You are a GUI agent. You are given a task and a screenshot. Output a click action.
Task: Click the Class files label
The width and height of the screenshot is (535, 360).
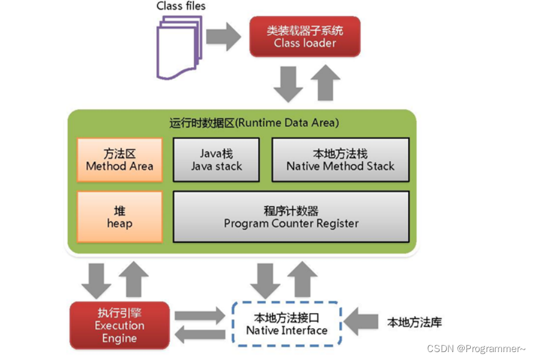181,6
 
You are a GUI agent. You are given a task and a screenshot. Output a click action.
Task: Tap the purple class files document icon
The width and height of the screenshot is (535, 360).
179,47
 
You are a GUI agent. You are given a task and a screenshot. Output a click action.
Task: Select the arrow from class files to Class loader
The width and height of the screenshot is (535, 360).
223,36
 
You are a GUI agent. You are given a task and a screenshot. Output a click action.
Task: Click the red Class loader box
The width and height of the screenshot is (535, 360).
305,37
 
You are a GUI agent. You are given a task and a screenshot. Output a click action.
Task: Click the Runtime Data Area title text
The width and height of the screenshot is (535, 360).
254,123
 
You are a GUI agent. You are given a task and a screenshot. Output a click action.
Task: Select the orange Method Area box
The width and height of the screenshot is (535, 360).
120,160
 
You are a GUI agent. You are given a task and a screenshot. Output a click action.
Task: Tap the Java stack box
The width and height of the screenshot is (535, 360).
217,160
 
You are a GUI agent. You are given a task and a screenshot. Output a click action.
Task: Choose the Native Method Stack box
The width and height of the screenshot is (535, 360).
340,160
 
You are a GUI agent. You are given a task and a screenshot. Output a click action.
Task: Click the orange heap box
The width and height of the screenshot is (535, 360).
120,217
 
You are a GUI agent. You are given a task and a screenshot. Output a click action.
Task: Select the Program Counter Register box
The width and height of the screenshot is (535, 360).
291,217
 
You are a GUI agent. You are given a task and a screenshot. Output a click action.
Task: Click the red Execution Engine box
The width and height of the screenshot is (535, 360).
120,325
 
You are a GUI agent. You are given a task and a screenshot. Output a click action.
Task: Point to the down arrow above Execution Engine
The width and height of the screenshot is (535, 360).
96,279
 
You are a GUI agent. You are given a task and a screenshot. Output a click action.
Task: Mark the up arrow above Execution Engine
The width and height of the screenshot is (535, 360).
133,279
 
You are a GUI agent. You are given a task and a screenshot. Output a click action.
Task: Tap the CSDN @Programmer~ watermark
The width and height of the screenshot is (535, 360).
476,348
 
